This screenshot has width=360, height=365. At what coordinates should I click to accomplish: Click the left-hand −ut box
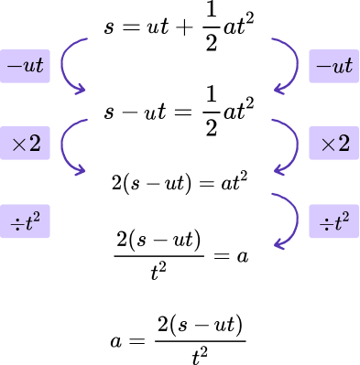pyautogui.click(x=25, y=66)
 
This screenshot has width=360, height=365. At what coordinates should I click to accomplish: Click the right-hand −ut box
pyautogui.click(x=333, y=66)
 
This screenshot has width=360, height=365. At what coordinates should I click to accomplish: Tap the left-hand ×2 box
pyautogui.click(x=25, y=144)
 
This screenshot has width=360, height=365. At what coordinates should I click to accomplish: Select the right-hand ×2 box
pyautogui.click(x=333, y=144)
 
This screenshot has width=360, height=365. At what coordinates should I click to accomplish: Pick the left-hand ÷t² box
pyautogui.click(x=25, y=221)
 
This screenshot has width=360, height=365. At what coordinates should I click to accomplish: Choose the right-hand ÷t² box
pyautogui.click(x=333, y=221)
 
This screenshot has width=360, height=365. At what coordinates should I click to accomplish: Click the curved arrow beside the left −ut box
pyautogui.click(x=69, y=66)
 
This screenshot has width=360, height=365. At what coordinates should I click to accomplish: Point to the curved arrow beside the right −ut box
pyautogui.click(x=292, y=66)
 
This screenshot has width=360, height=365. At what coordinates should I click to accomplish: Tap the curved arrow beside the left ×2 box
pyautogui.click(x=69, y=146)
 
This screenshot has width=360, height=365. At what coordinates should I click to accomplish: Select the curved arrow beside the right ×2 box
pyautogui.click(x=292, y=146)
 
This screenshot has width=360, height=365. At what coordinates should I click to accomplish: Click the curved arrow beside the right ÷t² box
pyautogui.click(x=292, y=222)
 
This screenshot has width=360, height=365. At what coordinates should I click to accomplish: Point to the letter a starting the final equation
pyautogui.click(x=115, y=339)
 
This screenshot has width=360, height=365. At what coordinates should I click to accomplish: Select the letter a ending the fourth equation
pyautogui.click(x=243, y=257)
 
